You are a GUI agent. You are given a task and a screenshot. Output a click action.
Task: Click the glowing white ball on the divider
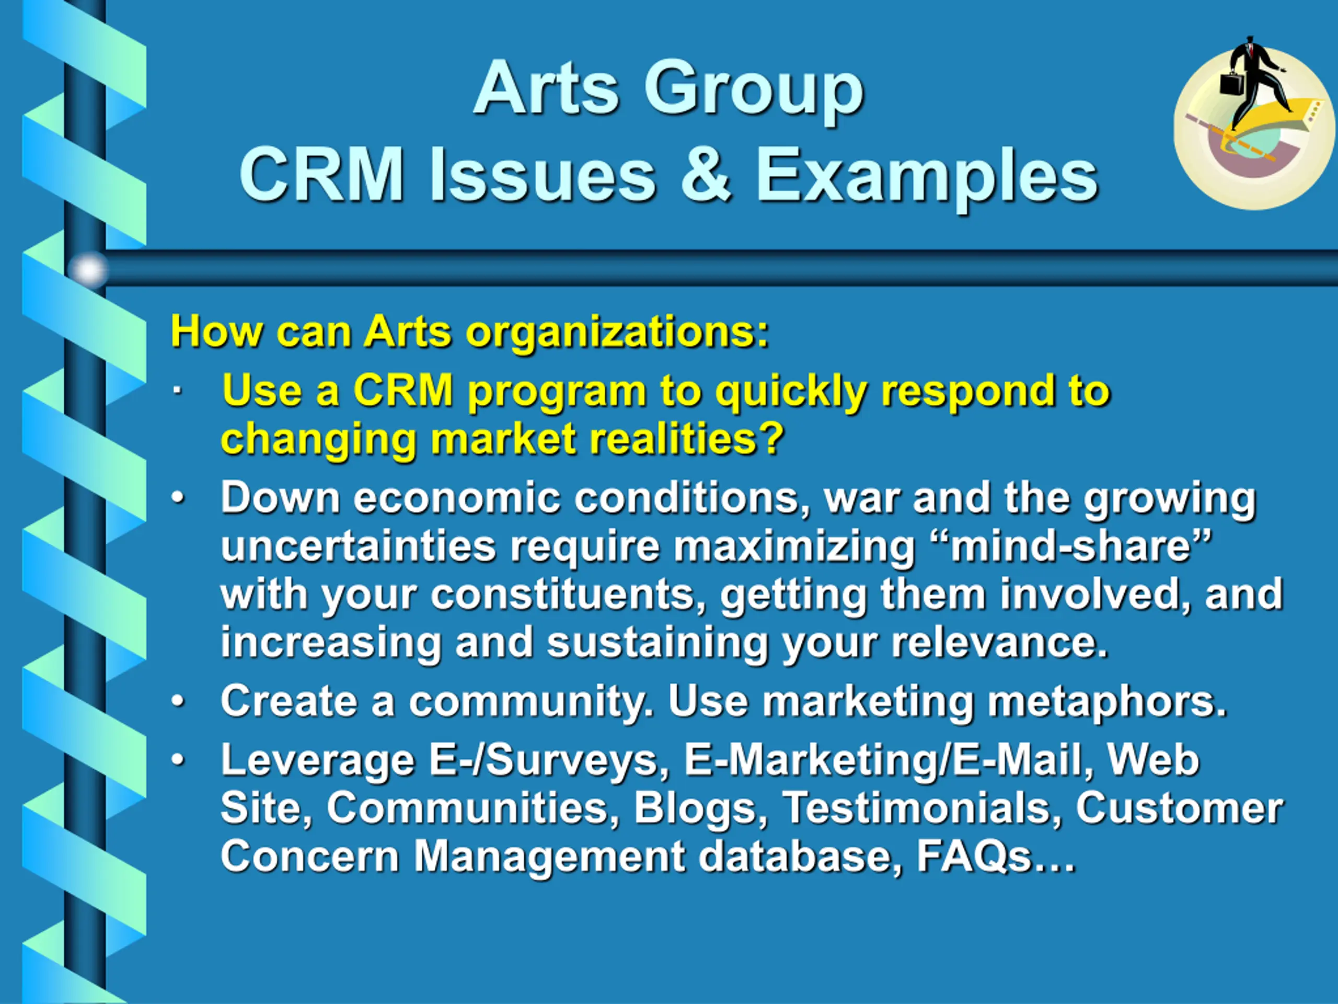pos(88,270)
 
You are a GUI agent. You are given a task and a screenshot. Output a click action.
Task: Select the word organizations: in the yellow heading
pos(617,333)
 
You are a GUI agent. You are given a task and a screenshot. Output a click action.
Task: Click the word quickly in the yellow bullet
pos(791,392)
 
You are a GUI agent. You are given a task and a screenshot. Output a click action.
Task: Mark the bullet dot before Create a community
pos(178,701)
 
